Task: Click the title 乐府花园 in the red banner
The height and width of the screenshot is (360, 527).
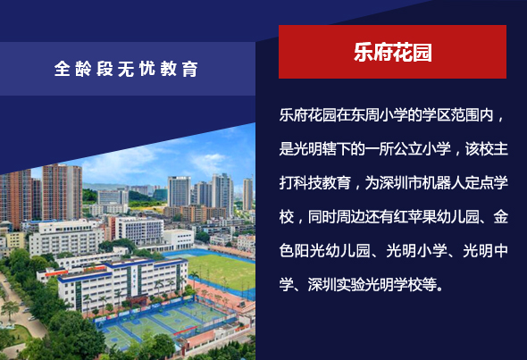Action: [392, 52]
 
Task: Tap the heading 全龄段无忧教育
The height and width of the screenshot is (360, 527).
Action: [126, 69]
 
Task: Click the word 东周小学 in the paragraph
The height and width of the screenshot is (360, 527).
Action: [380, 115]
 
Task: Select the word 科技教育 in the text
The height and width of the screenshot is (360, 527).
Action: [322, 183]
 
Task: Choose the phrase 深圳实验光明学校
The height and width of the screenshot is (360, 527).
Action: [365, 285]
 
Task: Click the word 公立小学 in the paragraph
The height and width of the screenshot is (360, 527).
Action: [422, 149]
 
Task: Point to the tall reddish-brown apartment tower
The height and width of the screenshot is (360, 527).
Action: [62, 192]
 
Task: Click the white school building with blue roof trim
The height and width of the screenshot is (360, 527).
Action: [122, 282]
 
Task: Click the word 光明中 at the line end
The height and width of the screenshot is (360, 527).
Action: [486, 251]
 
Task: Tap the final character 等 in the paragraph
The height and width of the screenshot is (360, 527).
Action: [430, 285]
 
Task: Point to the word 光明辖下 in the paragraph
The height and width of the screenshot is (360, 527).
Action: [322, 149]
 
